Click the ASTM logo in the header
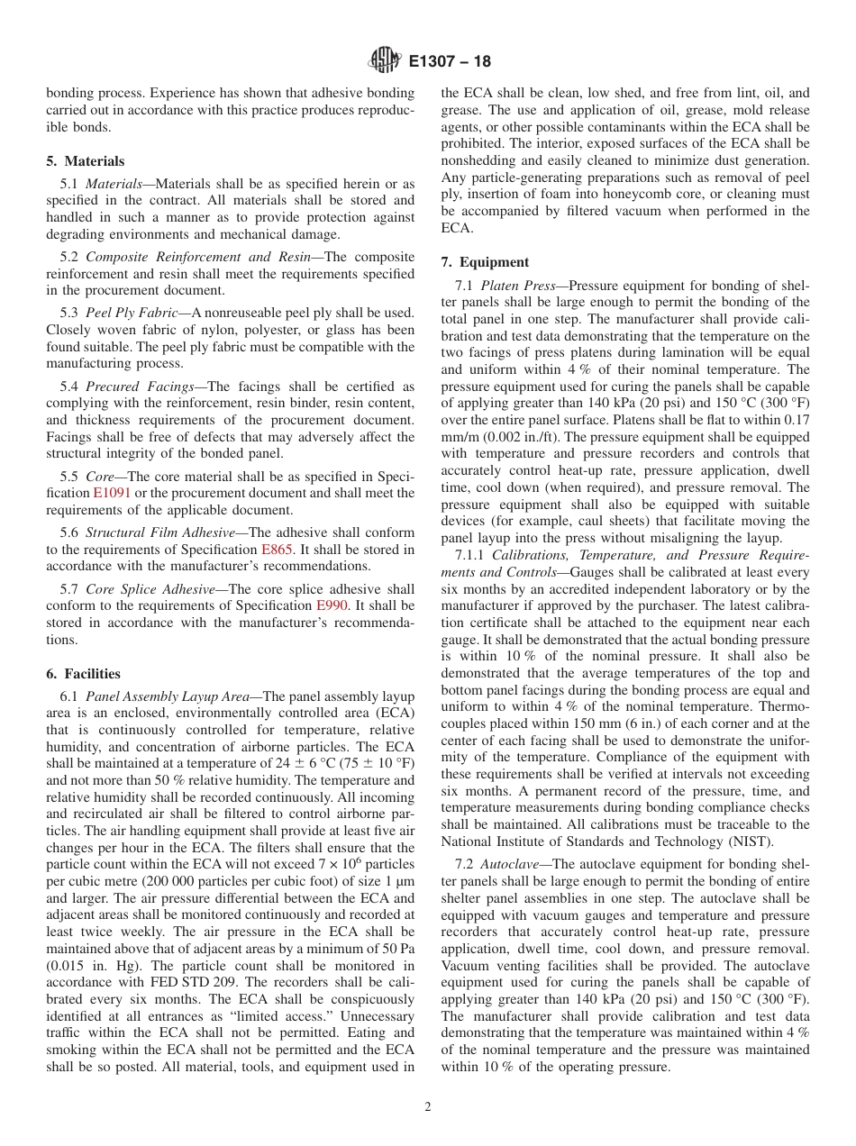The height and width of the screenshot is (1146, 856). (x=385, y=61)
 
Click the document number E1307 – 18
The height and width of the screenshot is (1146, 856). (x=450, y=62)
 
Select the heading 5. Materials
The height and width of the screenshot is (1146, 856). (x=86, y=161)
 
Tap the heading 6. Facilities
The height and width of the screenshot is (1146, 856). (x=83, y=674)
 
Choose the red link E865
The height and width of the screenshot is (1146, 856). (x=277, y=550)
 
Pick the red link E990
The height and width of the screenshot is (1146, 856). (x=332, y=606)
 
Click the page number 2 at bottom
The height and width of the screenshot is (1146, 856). (x=428, y=1107)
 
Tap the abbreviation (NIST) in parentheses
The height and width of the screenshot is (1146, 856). (x=743, y=841)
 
